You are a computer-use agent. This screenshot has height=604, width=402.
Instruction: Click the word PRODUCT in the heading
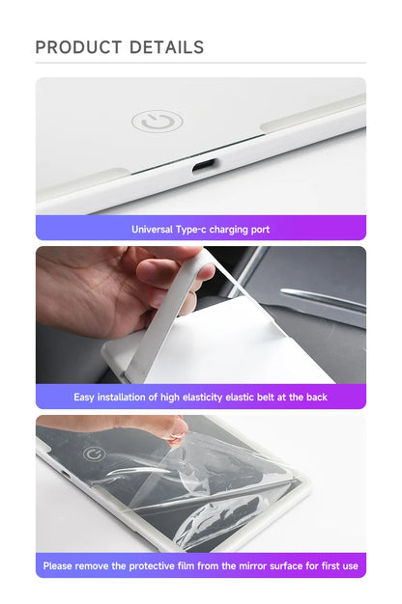coord(78,47)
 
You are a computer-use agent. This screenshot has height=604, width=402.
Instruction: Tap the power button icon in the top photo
coord(157,122)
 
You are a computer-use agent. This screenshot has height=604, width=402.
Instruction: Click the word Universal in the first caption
coord(155,230)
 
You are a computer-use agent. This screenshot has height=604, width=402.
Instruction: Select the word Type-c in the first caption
coord(198,230)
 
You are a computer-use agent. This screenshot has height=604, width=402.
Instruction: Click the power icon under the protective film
coord(94,453)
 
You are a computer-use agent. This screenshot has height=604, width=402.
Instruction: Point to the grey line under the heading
coord(201,64)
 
